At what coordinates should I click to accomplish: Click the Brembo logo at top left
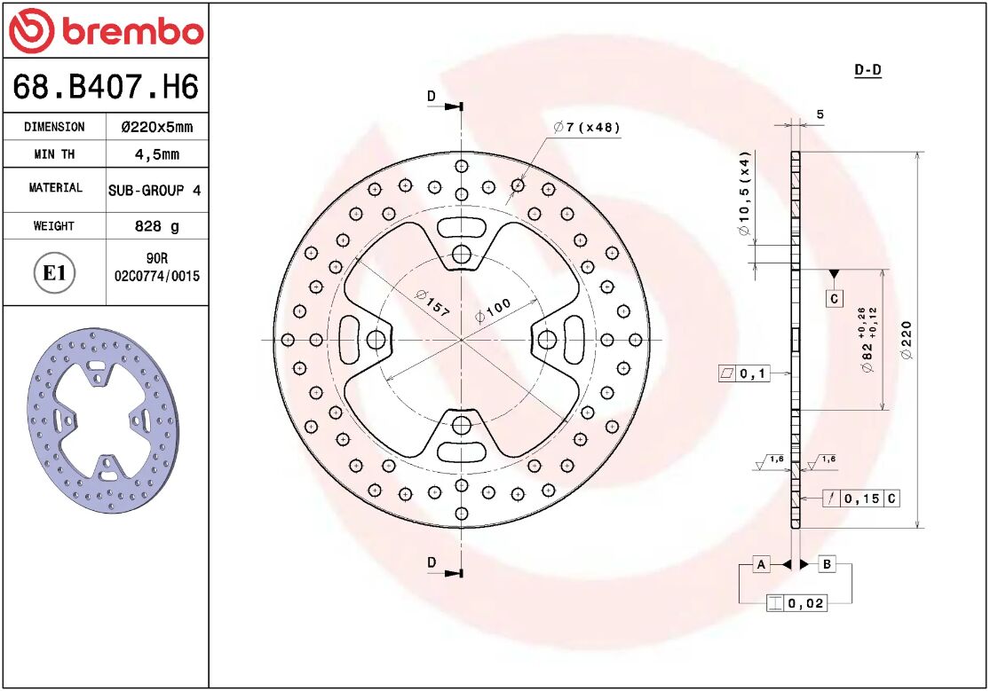click(x=106, y=31)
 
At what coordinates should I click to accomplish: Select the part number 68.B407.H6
click(x=105, y=87)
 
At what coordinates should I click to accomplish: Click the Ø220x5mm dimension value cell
click(x=156, y=127)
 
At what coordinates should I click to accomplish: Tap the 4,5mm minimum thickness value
click(x=156, y=154)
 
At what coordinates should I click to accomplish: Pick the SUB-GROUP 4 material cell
click(x=154, y=190)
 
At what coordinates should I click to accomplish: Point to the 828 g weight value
click(x=156, y=226)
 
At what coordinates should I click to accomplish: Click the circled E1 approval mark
click(x=54, y=272)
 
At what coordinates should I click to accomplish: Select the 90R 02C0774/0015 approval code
click(x=156, y=268)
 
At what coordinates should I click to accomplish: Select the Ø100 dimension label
click(x=493, y=310)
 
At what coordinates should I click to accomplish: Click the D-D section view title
click(x=867, y=70)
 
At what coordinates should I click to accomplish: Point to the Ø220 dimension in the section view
click(x=906, y=340)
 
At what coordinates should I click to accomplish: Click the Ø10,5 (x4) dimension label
click(x=745, y=194)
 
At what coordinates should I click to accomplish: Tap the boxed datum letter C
click(x=834, y=299)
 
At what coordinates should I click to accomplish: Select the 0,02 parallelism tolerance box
click(x=796, y=603)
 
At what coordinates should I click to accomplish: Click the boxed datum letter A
click(x=761, y=563)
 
